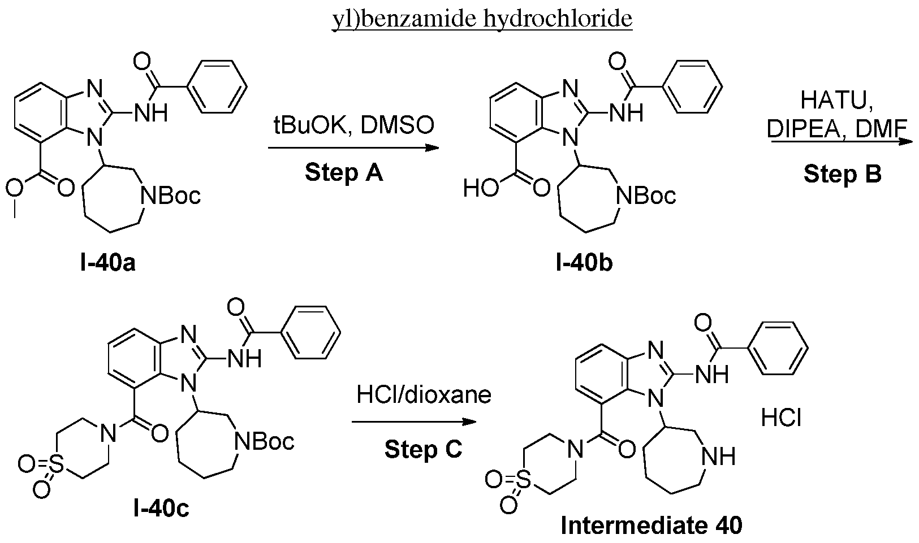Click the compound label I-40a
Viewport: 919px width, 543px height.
pos(108,263)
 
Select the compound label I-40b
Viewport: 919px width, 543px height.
pos(584,263)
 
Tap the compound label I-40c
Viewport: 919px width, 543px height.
pos(161,509)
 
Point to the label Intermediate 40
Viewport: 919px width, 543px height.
pos(652,525)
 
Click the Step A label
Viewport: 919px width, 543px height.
pos(344,172)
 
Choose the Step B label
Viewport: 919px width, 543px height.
pos(842,174)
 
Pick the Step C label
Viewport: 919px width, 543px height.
pos(423,449)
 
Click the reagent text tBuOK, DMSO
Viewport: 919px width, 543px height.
pos(353,125)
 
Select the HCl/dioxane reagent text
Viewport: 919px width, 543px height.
pos(424,394)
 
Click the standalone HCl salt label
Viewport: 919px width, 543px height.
pos(781,419)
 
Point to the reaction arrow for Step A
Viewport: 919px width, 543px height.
pos(353,147)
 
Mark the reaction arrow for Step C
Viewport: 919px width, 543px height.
pos(414,422)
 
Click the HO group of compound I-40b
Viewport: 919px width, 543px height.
pos(481,189)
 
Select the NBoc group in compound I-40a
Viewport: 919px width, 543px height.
pos(171,196)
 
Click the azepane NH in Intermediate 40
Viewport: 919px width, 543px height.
pos(718,456)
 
